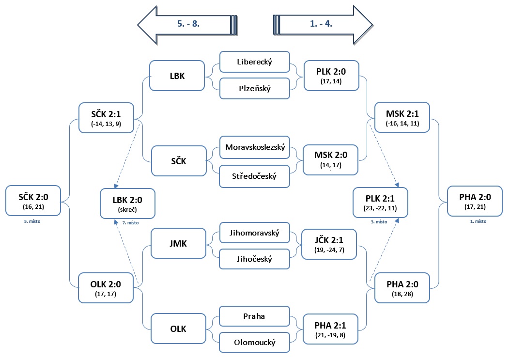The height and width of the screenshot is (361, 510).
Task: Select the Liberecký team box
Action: click(x=255, y=62)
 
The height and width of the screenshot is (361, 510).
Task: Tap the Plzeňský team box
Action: click(x=255, y=88)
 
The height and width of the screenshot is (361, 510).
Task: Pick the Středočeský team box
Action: click(x=255, y=175)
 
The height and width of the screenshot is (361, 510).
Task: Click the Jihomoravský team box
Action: click(x=255, y=233)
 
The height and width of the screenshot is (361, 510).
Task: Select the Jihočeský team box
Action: click(x=255, y=259)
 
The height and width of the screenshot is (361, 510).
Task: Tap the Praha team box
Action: click(x=255, y=316)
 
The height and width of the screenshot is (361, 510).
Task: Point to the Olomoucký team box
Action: click(x=255, y=342)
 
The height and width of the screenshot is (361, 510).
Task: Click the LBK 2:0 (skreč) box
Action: click(x=128, y=203)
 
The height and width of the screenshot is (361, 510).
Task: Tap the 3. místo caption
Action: click(x=379, y=222)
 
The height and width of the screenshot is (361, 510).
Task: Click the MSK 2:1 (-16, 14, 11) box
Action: click(x=402, y=117)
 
